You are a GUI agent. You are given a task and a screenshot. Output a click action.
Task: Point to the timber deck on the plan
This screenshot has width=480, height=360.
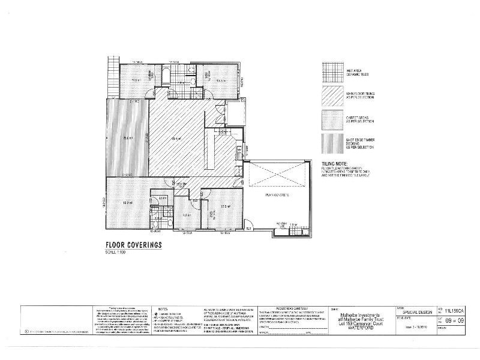click(x=127, y=138)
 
